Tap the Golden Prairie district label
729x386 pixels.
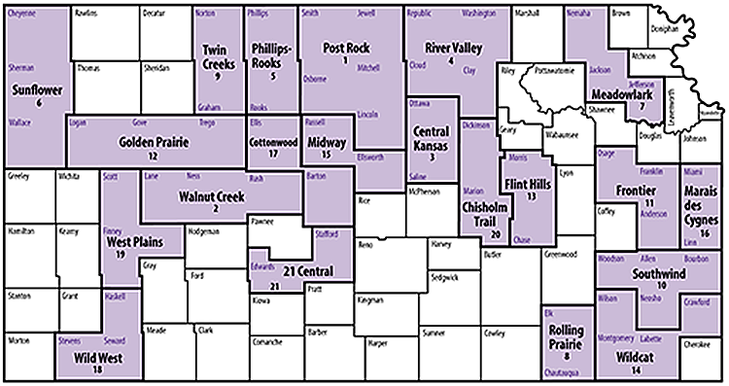click(x=155, y=142)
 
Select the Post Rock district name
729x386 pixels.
click(x=346, y=48)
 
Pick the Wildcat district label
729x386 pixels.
click(x=636, y=357)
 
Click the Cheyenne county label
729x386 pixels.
click(x=23, y=14)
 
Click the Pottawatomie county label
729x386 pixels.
click(x=551, y=72)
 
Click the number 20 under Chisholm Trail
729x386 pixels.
click(x=496, y=234)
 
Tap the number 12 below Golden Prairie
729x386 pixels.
click(x=154, y=156)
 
